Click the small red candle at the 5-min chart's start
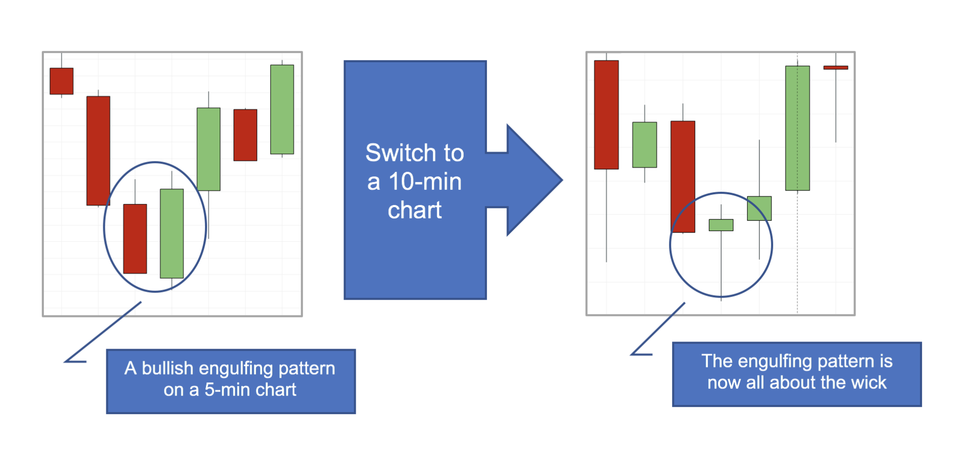click(x=61, y=81)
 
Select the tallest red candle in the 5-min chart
click(x=98, y=151)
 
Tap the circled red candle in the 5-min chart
click(x=135, y=239)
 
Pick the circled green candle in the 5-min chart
click(x=172, y=234)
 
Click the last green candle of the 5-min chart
click(x=282, y=109)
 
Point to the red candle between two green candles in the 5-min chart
click(x=245, y=135)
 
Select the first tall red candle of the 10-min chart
click(x=607, y=115)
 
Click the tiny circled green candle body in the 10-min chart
click(x=721, y=225)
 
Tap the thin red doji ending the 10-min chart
click(x=836, y=67)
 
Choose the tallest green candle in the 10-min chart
click(x=798, y=128)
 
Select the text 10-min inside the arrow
click(x=425, y=181)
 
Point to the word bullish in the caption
click(x=168, y=368)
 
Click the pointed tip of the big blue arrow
click(x=562, y=180)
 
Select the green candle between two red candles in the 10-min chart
click(x=644, y=145)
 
